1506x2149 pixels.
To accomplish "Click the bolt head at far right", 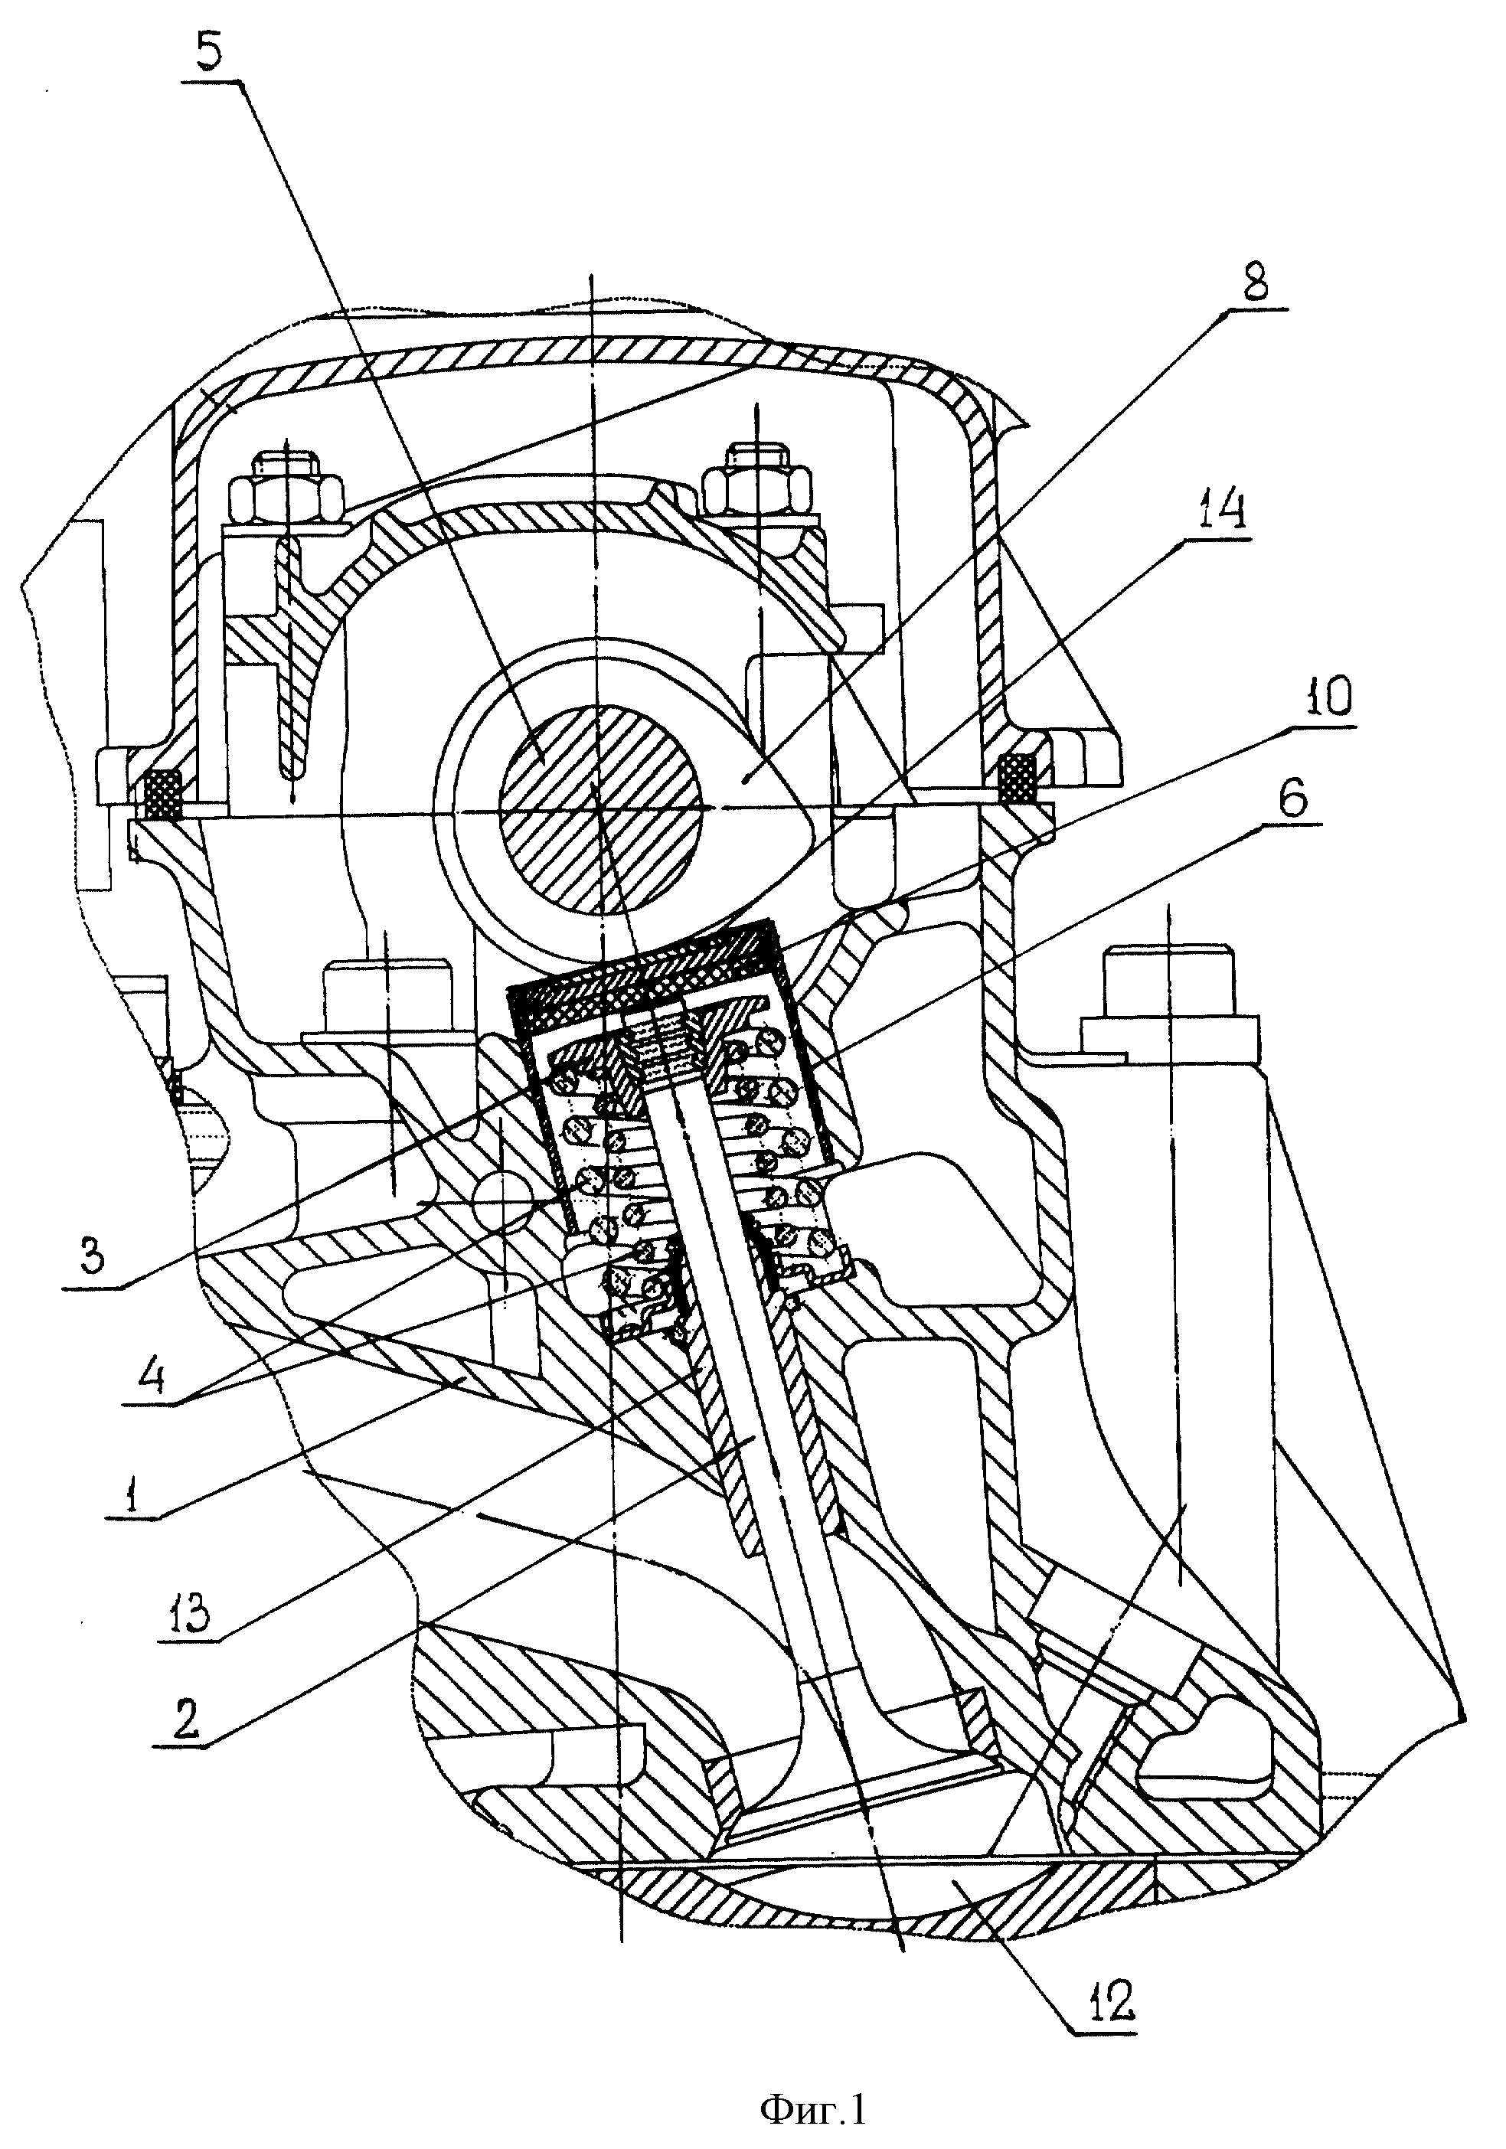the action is coord(1166,980).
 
